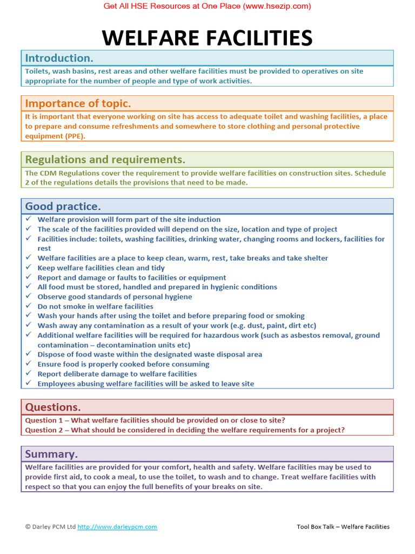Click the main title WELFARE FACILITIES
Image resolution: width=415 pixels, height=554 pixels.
coord(207,38)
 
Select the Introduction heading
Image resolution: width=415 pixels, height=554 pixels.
coord(59,58)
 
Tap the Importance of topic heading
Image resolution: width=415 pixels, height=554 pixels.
coord(78,103)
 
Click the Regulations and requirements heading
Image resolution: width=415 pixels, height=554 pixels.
coord(105,160)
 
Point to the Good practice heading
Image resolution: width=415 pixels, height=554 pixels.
coord(63,206)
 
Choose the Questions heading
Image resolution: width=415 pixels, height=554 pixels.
coord(53,407)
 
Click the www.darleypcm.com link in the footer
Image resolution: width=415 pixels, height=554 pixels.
coord(117,526)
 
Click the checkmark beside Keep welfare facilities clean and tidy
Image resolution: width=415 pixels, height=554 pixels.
coord(29,268)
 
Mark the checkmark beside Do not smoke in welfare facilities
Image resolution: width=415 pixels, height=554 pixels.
coord(29,306)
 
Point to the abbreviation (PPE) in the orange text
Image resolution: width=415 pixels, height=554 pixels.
coord(75,136)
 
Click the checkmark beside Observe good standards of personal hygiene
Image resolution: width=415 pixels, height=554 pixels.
coord(29,296)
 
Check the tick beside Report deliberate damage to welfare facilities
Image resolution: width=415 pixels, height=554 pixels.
coord(29,374)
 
